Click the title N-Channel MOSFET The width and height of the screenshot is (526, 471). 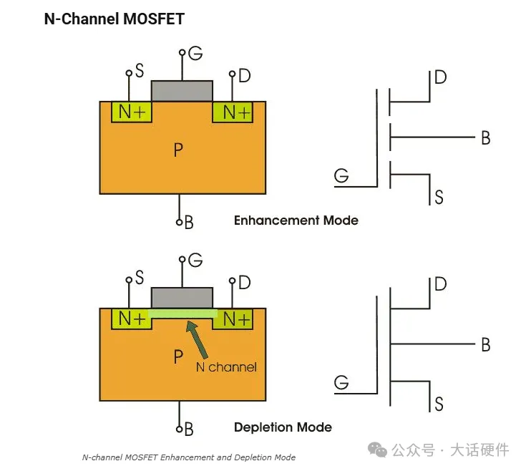[x=115, y=19]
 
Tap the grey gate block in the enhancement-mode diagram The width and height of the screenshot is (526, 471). [x=182, y=91]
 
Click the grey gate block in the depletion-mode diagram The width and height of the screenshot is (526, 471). [x=182, y=298]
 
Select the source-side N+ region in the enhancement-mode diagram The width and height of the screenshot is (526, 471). [x=132, y=112]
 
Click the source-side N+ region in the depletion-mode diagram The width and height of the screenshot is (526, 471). [x=132, y=319]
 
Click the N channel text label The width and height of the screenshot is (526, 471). [x=226, y=367]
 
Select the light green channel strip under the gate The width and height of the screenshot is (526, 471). [x=182, y=314]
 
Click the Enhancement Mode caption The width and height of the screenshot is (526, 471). [x=296, y=220]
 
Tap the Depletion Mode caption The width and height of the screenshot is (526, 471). [x=283, y=427]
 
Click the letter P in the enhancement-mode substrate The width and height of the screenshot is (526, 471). [x=178, y=150]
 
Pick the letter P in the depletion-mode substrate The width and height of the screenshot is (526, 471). [x=178, y=356]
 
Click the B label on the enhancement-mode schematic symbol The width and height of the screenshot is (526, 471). [x=485, y=138]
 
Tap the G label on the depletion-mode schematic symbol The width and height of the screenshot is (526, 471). [x=342, y=383]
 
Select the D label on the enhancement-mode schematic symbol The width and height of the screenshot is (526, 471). [x=440, y=77]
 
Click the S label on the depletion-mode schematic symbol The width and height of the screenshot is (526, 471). [x=439, y=404]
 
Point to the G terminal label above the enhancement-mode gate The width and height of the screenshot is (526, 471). [x=195, y=53]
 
